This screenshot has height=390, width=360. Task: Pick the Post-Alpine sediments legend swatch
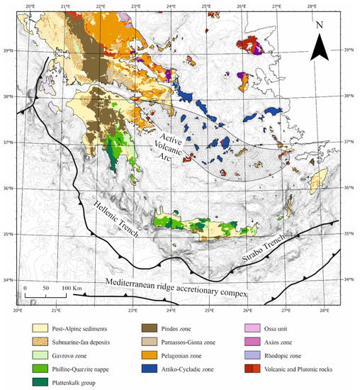41,329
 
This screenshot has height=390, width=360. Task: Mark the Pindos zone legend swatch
147,329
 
